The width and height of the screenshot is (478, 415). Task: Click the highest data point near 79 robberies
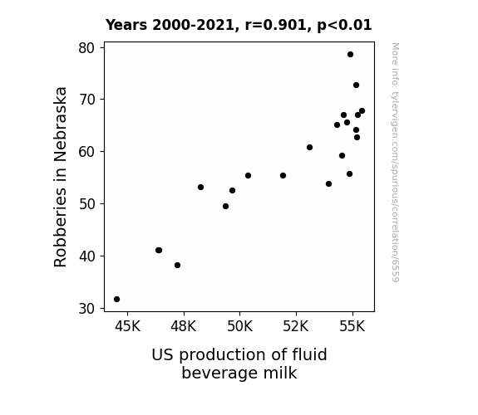[x=350, y=55]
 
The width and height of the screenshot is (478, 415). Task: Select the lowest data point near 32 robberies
[x=116, y=300]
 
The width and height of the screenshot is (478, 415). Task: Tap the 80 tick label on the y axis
[x=87, y=48]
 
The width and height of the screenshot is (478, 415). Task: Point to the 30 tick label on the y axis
[x=87, y=309]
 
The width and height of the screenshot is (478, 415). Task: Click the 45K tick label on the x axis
[x=127, y=326]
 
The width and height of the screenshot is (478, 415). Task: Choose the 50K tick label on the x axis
[x=240, y=326]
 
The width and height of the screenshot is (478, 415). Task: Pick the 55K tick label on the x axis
[x=352, y=326]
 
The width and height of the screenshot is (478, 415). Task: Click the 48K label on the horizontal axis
[x=183, y=326]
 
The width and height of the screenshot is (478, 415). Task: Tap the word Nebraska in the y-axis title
[x=60, y=124]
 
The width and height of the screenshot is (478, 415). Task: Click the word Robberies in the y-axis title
[x=60, y=227]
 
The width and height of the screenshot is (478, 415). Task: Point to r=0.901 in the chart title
[x=276, y=25]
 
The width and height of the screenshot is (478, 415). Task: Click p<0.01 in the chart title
[x=344, y=26]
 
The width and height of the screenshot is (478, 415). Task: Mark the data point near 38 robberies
[x=177, y=266]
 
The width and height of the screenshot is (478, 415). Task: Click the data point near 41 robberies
[x=159, y=251]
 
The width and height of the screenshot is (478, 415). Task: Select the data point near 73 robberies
[x=356, y=85]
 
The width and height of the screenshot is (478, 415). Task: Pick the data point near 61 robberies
[x=309, y=148]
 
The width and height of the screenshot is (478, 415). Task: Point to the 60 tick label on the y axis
[x=87, y=152]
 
